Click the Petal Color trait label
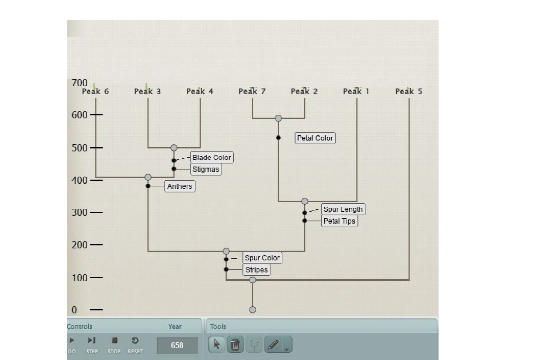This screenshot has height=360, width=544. [315, 138]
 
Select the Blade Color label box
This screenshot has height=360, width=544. [212, 157]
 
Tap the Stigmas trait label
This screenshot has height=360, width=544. [206, 169]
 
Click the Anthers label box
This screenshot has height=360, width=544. [180, 186]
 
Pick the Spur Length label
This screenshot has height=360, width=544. [343, 209]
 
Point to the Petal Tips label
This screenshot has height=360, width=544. [339, 221]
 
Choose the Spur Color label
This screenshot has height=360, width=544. [262, 258]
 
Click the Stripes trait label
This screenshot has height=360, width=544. [257, 270]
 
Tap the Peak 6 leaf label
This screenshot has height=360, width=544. [95, 92]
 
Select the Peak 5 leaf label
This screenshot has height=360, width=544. [409, 92]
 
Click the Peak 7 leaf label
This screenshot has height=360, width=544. [252, 92]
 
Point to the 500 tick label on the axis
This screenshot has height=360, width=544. [79, 148]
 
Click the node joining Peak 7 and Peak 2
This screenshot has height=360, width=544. [278, 118]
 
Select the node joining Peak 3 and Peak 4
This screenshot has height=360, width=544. [174, 148]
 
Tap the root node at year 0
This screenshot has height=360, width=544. [252, 310]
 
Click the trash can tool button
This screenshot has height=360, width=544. [235, 344]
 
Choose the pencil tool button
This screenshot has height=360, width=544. [274, 344]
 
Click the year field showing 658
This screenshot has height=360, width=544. [177, 345]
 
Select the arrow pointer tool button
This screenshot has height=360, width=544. [216, 344]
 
